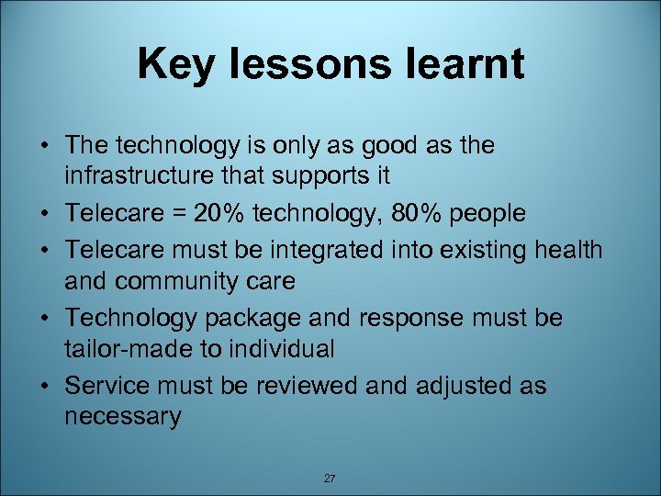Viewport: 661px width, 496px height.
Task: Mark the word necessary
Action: pyautogui.click(x=123, y=418)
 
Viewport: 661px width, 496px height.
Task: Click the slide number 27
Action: pyautogui.click(x=330, y=478)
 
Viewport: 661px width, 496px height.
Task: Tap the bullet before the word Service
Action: pyautogui.click(x=45, y=386)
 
